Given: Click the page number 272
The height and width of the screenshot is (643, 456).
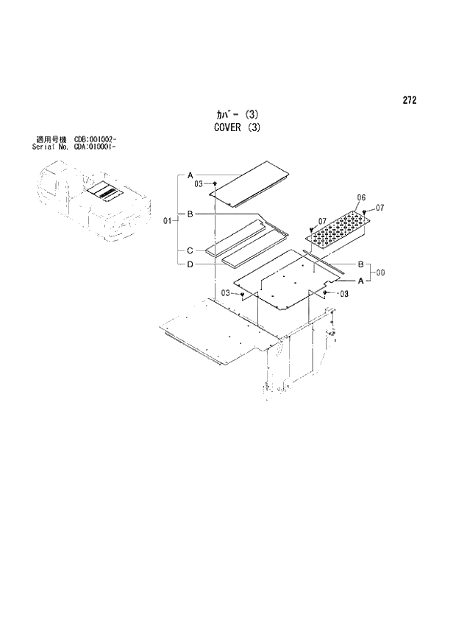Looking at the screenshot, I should point(410,101).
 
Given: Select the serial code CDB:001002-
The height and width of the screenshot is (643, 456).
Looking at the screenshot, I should point(97,139).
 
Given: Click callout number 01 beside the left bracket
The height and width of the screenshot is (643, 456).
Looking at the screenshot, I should point(167,220).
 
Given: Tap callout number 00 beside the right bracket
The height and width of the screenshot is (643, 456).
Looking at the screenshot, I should point(380,273).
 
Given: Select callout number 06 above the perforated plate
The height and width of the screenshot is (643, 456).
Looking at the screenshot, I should point(360,198).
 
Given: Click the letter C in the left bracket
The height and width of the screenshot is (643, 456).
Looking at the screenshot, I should point(190,250).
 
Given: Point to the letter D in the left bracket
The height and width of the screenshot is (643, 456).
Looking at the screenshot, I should point(190,264).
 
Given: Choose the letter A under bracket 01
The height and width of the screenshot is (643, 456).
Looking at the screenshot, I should point(190,175).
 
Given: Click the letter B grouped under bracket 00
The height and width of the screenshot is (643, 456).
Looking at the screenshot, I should point(360,264).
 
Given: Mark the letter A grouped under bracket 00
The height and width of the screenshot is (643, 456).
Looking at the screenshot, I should point(360,281).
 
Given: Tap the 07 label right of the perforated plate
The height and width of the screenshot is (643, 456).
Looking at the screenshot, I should point(380,208).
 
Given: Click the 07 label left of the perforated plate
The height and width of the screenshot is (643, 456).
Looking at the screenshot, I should point(321,221).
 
